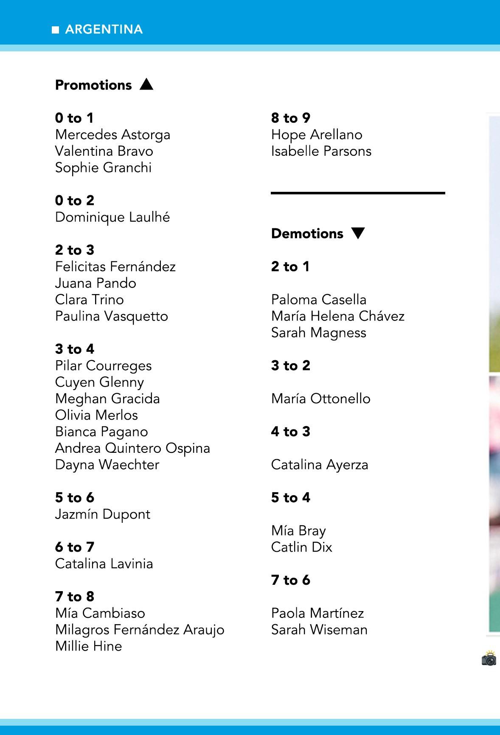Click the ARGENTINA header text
(x=104, y=29)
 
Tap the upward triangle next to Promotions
(x=146, y=84)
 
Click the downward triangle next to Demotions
(x=358, y=233)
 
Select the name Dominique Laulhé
(x=112, y=217)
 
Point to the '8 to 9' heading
(x=291, y=118)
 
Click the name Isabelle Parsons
(x=321, y=151)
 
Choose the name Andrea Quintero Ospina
(x=132, y=448)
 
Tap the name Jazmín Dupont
(x=103, y=514)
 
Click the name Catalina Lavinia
(x=104, y=564)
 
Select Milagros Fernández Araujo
(x=140, y=630)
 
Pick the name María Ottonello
(x=321, y=398)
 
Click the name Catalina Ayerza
(x=320, y=465)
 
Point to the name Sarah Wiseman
(x=319, y=630)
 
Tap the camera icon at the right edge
(x=489, y=659)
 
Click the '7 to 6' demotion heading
(x=291, y=580)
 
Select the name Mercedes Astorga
(x=112, y=135)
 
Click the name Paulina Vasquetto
(x=112, y=316)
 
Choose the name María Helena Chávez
(x=338, y=316)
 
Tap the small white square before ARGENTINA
(x=55, y=30)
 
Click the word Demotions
(x=307, y=233)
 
